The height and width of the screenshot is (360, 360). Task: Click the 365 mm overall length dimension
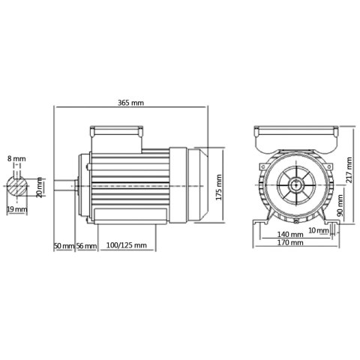click(x=131, y=103)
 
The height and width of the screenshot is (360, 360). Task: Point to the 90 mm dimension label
click(x=340, y=204)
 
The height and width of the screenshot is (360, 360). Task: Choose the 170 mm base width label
click(x=290, y=243)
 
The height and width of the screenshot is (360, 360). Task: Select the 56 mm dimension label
click(x=87, y=245)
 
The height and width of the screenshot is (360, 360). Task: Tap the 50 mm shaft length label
click(x=64, y=245)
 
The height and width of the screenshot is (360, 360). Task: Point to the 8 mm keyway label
click(x=16, y=160)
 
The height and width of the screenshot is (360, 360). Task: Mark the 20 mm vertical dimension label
click(x=40, y=187)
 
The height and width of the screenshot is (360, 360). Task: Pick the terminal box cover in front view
click(x=294, y=136)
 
